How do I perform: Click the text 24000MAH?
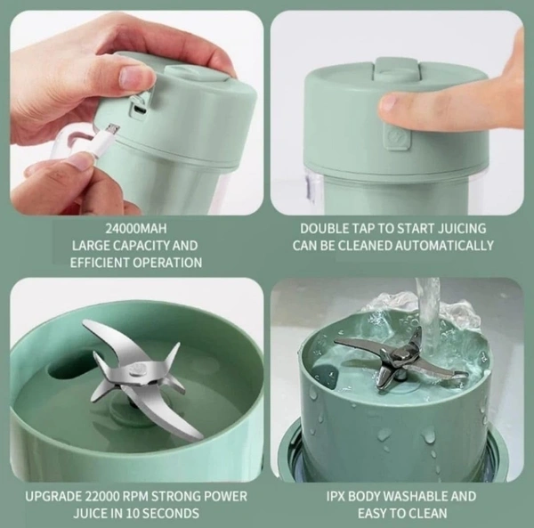[136, 229]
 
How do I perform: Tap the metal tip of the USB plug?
[113, 129]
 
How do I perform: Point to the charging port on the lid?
[141, 109]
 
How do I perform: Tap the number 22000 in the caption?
[101, 496]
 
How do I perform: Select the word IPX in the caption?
[336, 496]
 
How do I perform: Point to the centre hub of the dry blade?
[139, 370]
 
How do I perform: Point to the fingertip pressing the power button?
[392, 104]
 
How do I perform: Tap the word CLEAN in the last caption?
[428, 514]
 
